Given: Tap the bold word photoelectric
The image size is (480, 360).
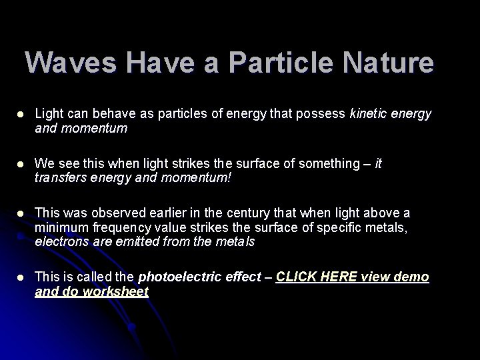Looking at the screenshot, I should (176, 277).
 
